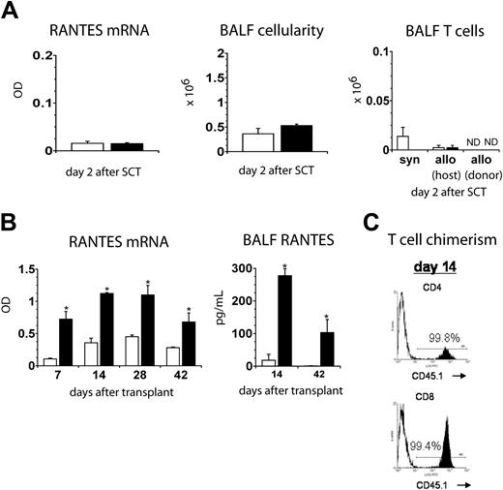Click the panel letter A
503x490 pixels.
tap(12, 13)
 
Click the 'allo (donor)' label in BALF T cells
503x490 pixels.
tap(469, 169)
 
